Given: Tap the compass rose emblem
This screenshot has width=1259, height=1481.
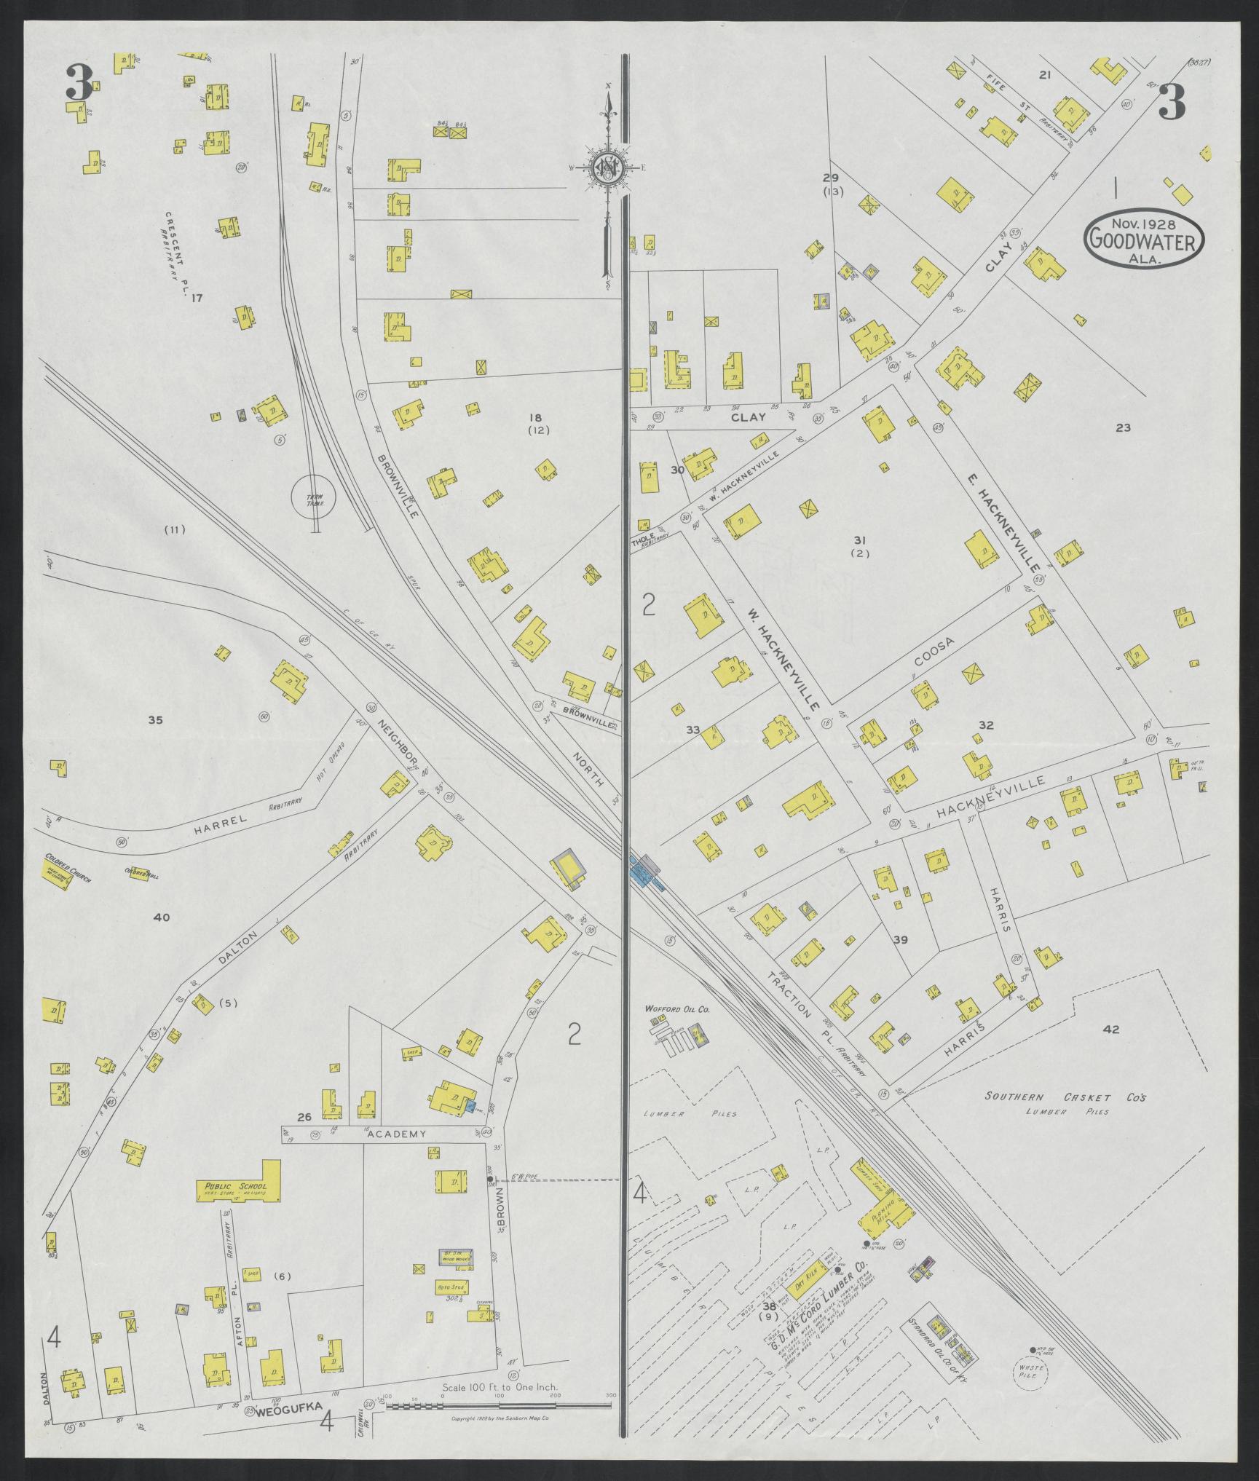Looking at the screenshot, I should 607,168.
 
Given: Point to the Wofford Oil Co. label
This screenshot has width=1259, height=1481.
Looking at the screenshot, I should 677,1010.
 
